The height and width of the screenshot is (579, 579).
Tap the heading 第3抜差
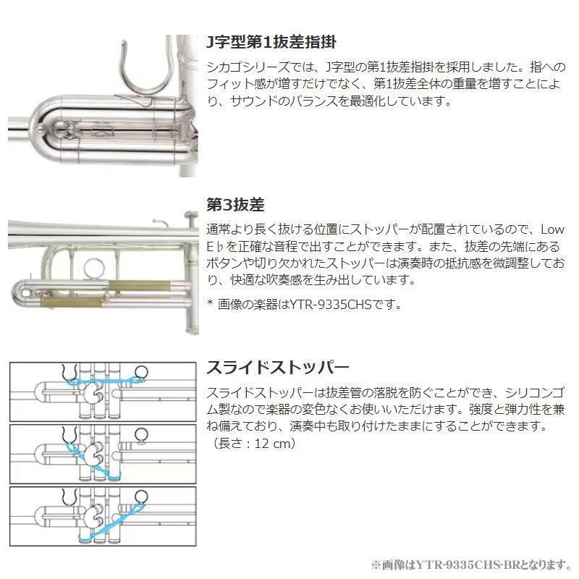click(x=235, y=205)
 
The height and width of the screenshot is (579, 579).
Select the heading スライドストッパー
click(x=278, y=367)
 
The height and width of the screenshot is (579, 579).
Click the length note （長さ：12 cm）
click(x=252, y=444)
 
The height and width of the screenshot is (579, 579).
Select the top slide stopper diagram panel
click(x=101, y=391)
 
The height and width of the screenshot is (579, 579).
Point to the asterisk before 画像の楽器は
click(x=210, y=304)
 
